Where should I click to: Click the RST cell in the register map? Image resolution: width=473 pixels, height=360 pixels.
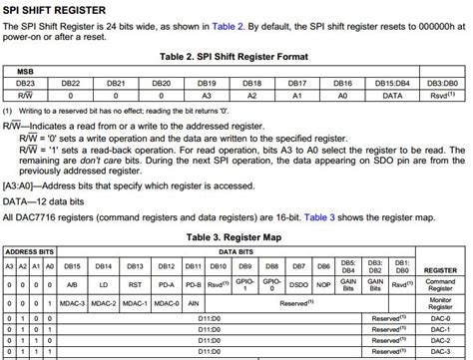[x=135, y=284]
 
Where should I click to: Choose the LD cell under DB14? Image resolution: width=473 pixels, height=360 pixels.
[x=104, y=284]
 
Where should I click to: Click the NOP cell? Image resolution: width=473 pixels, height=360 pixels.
[x=322, y=284]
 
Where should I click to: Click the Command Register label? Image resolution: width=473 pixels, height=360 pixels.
[x=440, y=284]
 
